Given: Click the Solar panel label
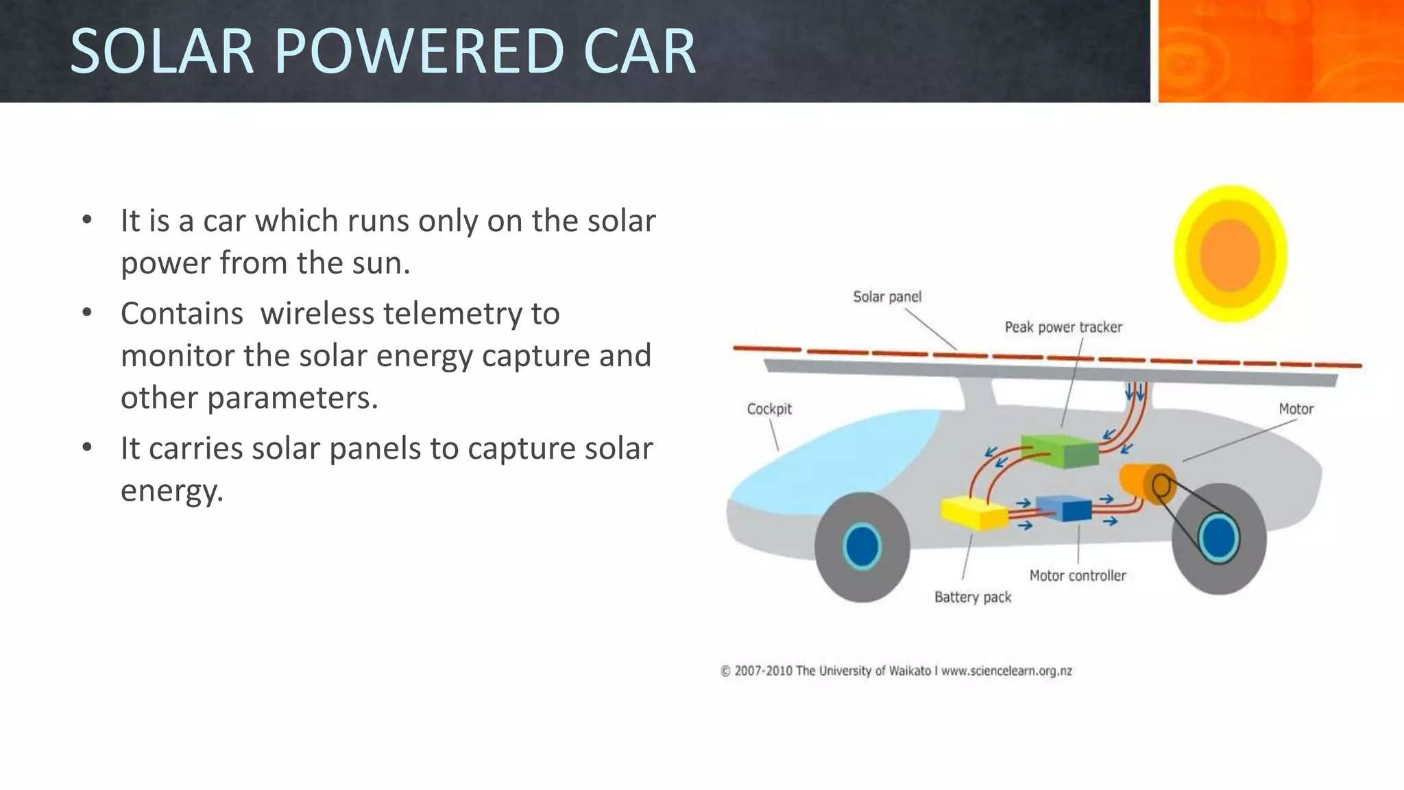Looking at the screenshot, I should tap(887, 297).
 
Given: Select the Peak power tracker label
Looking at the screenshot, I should tap(1063, 327).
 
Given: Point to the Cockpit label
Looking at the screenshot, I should tap(769, 409).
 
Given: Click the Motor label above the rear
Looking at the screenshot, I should tap(1296, 409).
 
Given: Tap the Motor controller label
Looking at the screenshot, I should tap(1077, 576).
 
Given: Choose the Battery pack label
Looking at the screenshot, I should tap(972, 597).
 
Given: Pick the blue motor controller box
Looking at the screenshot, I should tap(1064, 508).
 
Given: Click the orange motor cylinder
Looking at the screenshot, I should tap(1143, 483).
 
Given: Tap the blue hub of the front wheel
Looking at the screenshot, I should tap(862, 547).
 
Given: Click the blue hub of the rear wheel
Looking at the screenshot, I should tap(1218, 538).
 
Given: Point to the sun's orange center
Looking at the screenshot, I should tap(1230, 254).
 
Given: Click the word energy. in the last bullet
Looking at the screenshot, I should tap(172, 491).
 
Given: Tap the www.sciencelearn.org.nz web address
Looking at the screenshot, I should tap(1006, 671).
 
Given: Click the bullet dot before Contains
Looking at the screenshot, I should tap(86, 313).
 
